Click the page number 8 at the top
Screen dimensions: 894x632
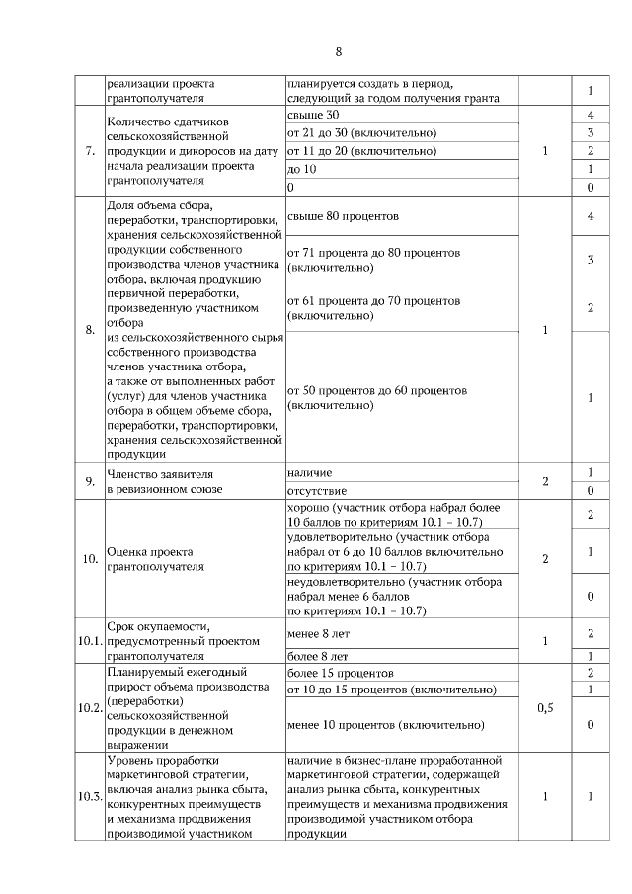pos(338,51)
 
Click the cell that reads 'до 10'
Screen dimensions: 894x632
pos(301,169)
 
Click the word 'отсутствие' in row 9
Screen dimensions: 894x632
pos(316,490)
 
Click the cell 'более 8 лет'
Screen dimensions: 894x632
pos(317,655)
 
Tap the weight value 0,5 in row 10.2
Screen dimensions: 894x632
pos(545,708)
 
